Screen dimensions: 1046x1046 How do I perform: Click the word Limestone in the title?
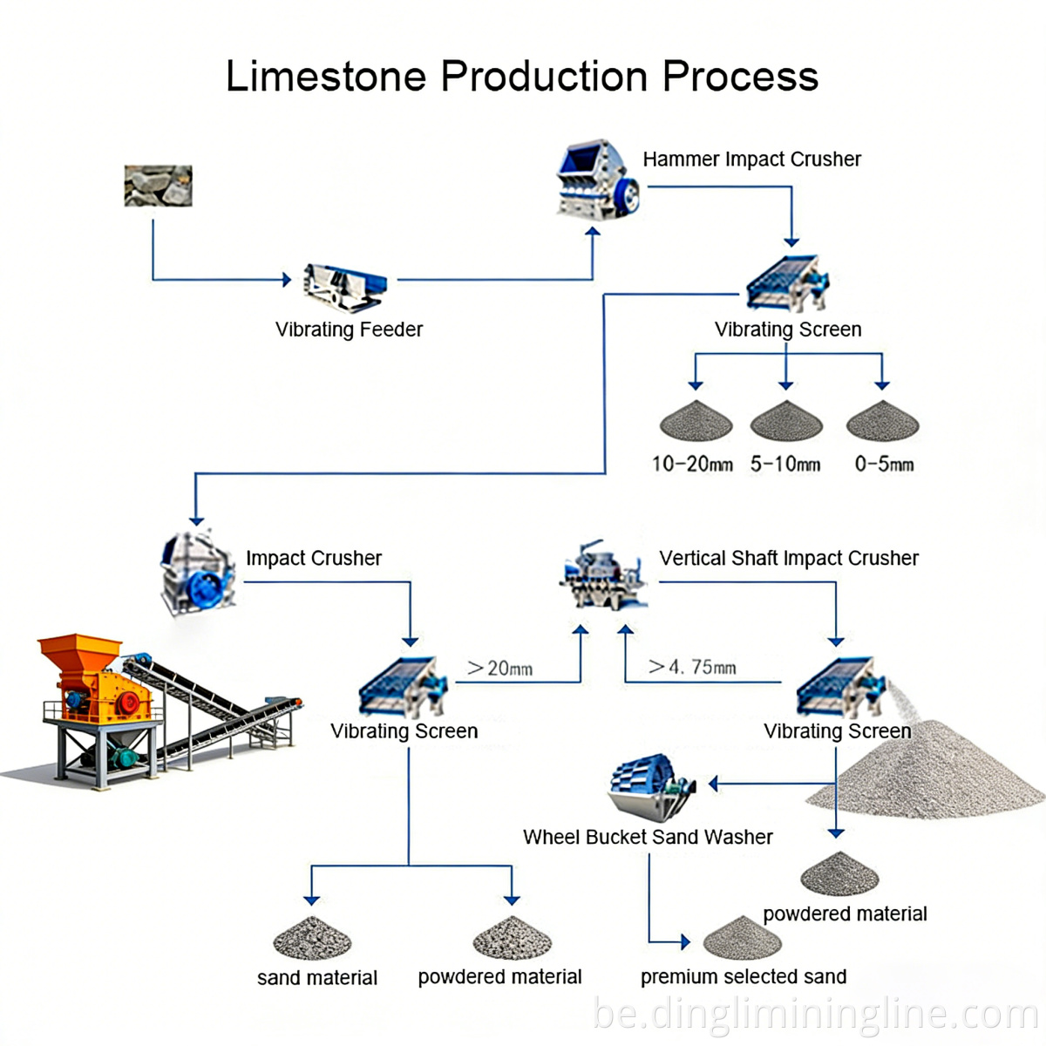(326, 77)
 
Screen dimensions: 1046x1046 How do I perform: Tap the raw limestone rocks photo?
(158, 186)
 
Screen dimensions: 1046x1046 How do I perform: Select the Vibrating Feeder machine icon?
(344, 286)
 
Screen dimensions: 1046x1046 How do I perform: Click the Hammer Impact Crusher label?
(751, 160)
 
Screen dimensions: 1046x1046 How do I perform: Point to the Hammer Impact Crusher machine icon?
(597, 181)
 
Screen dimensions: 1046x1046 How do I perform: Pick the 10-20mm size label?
(692, 464)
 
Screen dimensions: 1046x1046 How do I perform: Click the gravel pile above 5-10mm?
(786, 421)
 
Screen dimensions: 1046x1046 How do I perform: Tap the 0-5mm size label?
(883, 464)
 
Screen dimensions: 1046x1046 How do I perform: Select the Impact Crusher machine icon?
(196, 573)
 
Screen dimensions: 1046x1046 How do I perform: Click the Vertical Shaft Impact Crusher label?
(788, 558)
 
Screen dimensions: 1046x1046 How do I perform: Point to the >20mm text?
(499, 669)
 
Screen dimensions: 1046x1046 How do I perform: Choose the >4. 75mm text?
(692, 668)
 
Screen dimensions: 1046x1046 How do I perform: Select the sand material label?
(316, 978)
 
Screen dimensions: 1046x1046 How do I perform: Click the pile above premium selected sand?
(742, 939)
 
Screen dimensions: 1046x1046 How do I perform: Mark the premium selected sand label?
(743, 977)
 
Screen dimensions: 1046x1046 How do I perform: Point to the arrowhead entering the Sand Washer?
(714, 784)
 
